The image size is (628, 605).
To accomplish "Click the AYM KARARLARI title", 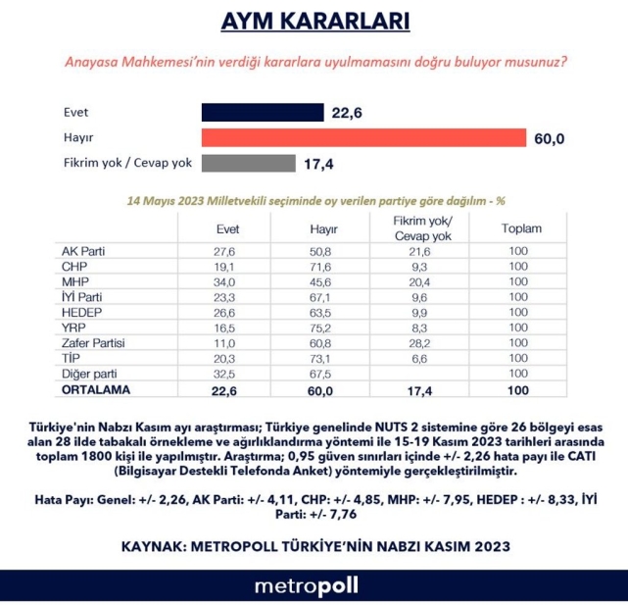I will click(314, 22).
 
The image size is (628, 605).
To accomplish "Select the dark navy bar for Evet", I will click(262, 113).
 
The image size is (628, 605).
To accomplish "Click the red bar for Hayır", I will click(363, 138).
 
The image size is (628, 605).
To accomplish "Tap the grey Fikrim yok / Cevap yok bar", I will click(248, 163).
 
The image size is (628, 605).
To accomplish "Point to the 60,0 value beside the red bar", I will click(550, 138).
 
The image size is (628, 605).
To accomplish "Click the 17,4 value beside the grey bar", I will click(318, 163).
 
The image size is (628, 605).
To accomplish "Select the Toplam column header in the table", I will click(521, 228).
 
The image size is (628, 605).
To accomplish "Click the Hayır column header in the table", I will click(323, 228).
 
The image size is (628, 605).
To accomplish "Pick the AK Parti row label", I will click(83, 251).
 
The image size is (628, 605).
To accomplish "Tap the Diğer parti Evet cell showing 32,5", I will click(227, 375).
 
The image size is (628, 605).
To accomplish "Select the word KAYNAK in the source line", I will click(156, 544).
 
